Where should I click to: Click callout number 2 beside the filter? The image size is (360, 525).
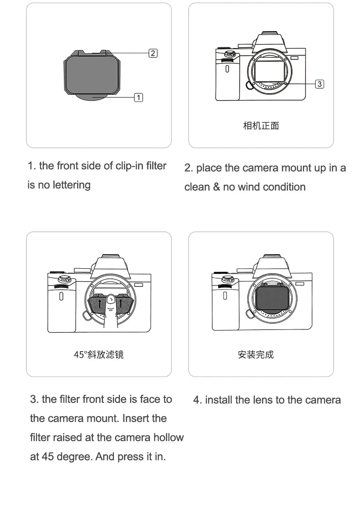(153, 53)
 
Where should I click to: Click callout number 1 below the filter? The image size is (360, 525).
(139, 97)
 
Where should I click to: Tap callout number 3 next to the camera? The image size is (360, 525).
(319, 84)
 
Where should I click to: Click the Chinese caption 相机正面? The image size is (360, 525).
(261, 126)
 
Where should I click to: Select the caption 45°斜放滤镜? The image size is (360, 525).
(99, 354)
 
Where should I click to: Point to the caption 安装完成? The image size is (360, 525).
(256, 354)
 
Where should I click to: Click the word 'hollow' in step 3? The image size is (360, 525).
(168, 437)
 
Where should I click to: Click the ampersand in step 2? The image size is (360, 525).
(216, 187)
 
